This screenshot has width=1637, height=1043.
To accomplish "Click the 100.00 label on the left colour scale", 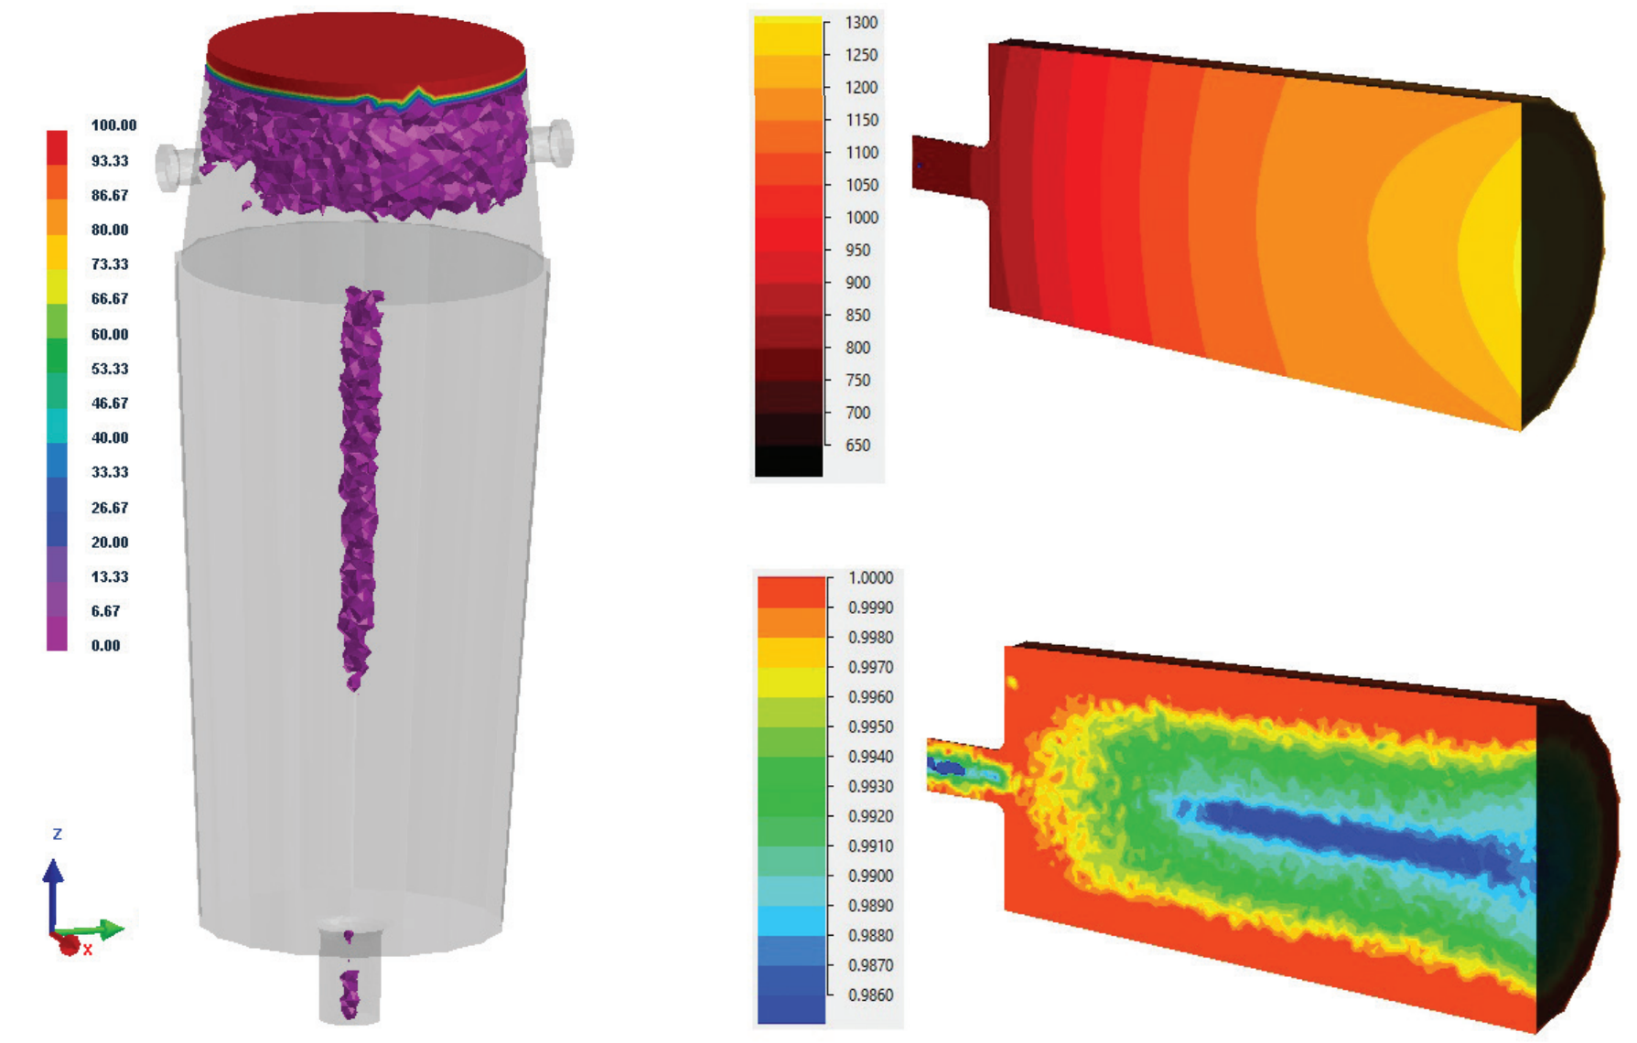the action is (x=113, y=125).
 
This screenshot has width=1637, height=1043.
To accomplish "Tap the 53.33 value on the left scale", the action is (x=110, y=369).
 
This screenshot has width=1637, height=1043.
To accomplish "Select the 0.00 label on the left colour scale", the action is (x=105, y=645).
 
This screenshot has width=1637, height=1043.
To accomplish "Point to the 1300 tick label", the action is (x=861, y=23).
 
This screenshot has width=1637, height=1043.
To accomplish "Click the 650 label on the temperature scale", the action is (x=857, y=446).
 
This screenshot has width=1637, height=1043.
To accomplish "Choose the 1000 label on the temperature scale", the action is (x=861, y=218).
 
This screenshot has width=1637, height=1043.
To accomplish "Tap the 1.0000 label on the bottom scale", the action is (x=870, y=578).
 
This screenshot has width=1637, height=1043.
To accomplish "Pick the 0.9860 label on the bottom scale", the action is (x=870, y=995).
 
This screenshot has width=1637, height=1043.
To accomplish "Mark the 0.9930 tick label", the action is (x=870, y=787).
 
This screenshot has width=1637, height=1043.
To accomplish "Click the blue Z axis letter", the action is (x=58, y=834).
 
